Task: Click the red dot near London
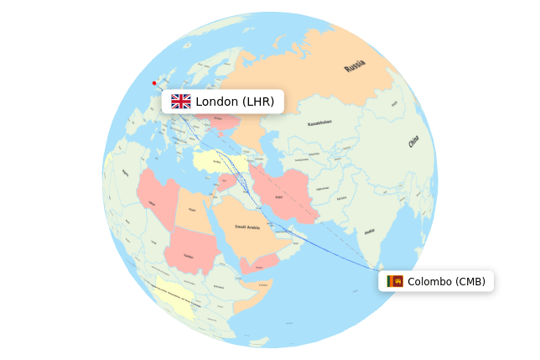click(154, 83)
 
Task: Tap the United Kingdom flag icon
click(181, 102)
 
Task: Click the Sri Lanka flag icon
click(395, 281)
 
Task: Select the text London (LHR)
click(235, 102)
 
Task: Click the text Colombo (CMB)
click(446, 281)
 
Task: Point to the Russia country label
click(354, 65)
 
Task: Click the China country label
click(413, 143)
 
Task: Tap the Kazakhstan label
click(319, 123)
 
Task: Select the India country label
click(370, 231)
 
